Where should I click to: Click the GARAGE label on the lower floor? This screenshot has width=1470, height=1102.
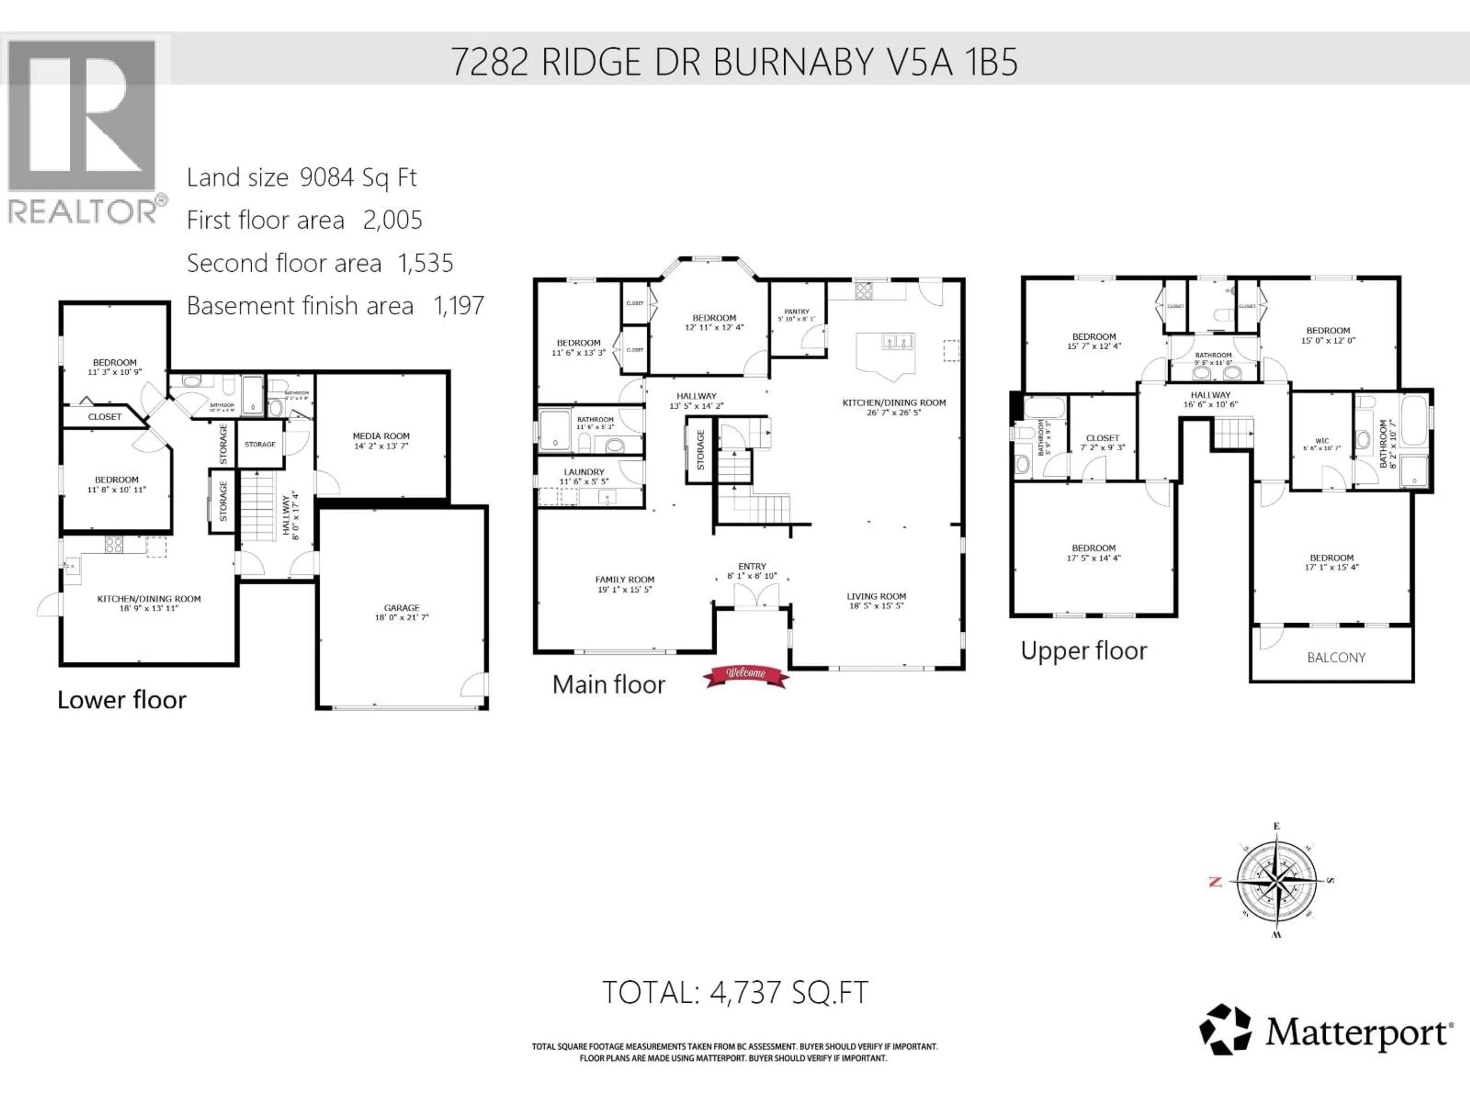[x=402, y=608]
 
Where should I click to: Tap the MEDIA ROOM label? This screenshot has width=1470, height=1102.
[x=381, y=437]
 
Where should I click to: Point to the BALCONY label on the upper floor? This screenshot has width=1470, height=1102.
[x=1336, y=658]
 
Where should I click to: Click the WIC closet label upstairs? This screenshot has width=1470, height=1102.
[x=1322, y=441]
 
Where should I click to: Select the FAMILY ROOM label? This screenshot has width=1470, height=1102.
[x=625, y=580]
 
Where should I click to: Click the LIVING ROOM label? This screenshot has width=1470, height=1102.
[x=876, y=597]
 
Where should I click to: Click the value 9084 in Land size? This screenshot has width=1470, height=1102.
[x=326, y=178]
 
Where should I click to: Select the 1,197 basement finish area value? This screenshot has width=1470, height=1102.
[x=459, y=306]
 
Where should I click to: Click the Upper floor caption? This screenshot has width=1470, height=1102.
[x=1084, y=651]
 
